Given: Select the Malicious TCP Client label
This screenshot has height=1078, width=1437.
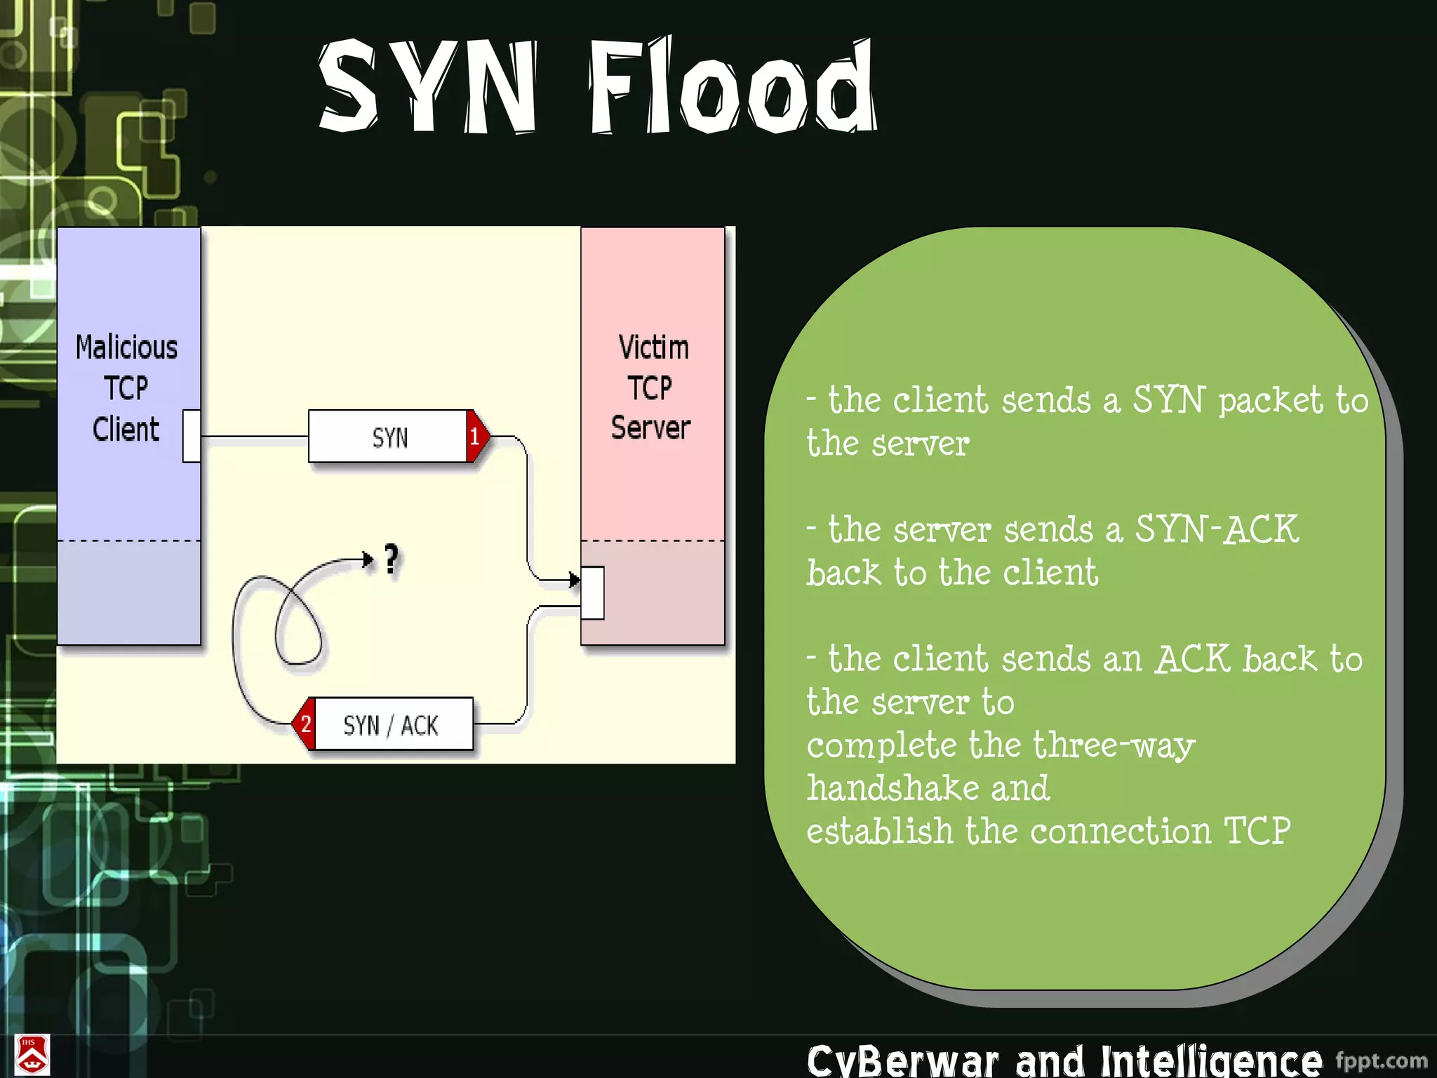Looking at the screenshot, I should (127, 388).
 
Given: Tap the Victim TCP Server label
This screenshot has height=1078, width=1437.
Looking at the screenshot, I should (651, 387).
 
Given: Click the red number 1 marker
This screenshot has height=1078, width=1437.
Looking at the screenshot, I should (476, 437).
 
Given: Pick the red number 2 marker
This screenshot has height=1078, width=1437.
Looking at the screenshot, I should (305, 724).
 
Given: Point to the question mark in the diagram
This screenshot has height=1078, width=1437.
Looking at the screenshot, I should (392, 560).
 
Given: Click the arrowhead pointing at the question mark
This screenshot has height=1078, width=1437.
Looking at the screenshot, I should (367, 559).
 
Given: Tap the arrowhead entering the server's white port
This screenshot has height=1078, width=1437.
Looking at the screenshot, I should (574, 580).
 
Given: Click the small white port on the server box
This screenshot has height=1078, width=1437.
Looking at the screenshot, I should (593, 593).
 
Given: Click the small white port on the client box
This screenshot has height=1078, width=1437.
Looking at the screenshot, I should (192, 437).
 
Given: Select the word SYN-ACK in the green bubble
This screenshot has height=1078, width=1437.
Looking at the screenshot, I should (1217, 529).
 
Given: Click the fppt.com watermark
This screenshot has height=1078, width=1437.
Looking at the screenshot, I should (1381, 1060).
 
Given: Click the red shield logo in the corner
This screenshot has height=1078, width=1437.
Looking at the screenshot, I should (32, 1055).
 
